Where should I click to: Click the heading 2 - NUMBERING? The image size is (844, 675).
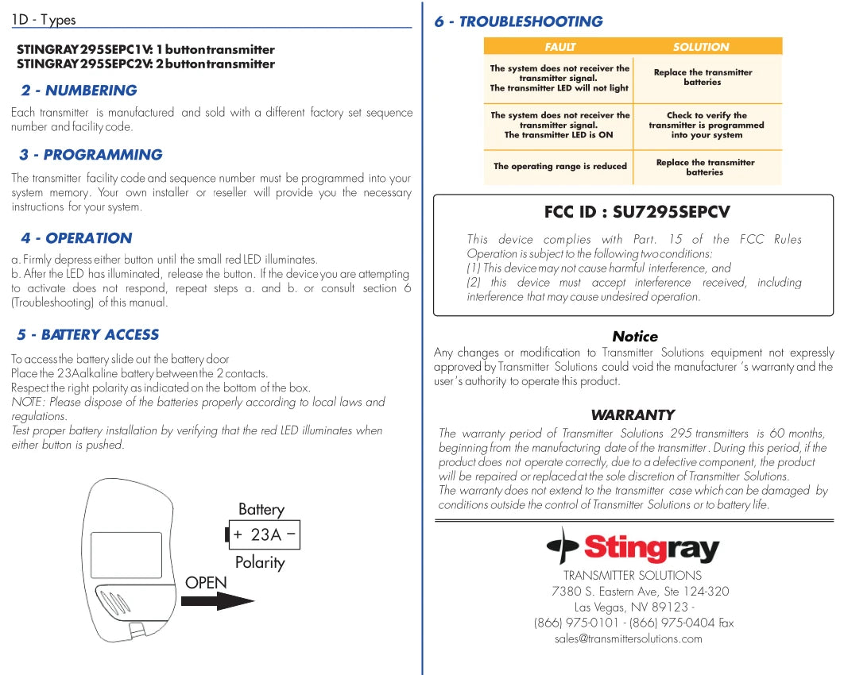pos(79,91)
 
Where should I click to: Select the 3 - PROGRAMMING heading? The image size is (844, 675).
pos(91,155)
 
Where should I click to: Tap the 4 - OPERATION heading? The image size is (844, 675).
pos(76,238)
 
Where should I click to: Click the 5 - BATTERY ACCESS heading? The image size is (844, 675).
pos(88,335)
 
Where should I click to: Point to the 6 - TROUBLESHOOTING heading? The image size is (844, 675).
pos(518,21)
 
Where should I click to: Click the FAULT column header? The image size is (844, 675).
pos(560,48)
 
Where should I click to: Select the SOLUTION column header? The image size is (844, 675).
pos(700,48)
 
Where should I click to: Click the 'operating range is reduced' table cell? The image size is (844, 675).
pos(559,167)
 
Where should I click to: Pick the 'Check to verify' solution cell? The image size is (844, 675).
pos(706,125)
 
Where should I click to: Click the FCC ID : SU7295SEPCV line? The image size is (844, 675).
pos(637,212)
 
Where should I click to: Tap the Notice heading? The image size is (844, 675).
pos(634,337)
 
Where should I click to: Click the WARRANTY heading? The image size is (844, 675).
pos(633,415)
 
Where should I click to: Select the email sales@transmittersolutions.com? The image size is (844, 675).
pos(628,638)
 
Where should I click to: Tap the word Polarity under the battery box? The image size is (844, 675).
pos(259,562)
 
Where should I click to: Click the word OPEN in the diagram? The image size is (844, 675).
pos(206,583)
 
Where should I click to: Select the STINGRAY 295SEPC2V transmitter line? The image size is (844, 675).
pos(145,64)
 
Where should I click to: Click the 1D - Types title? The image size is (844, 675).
pos(44,20)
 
